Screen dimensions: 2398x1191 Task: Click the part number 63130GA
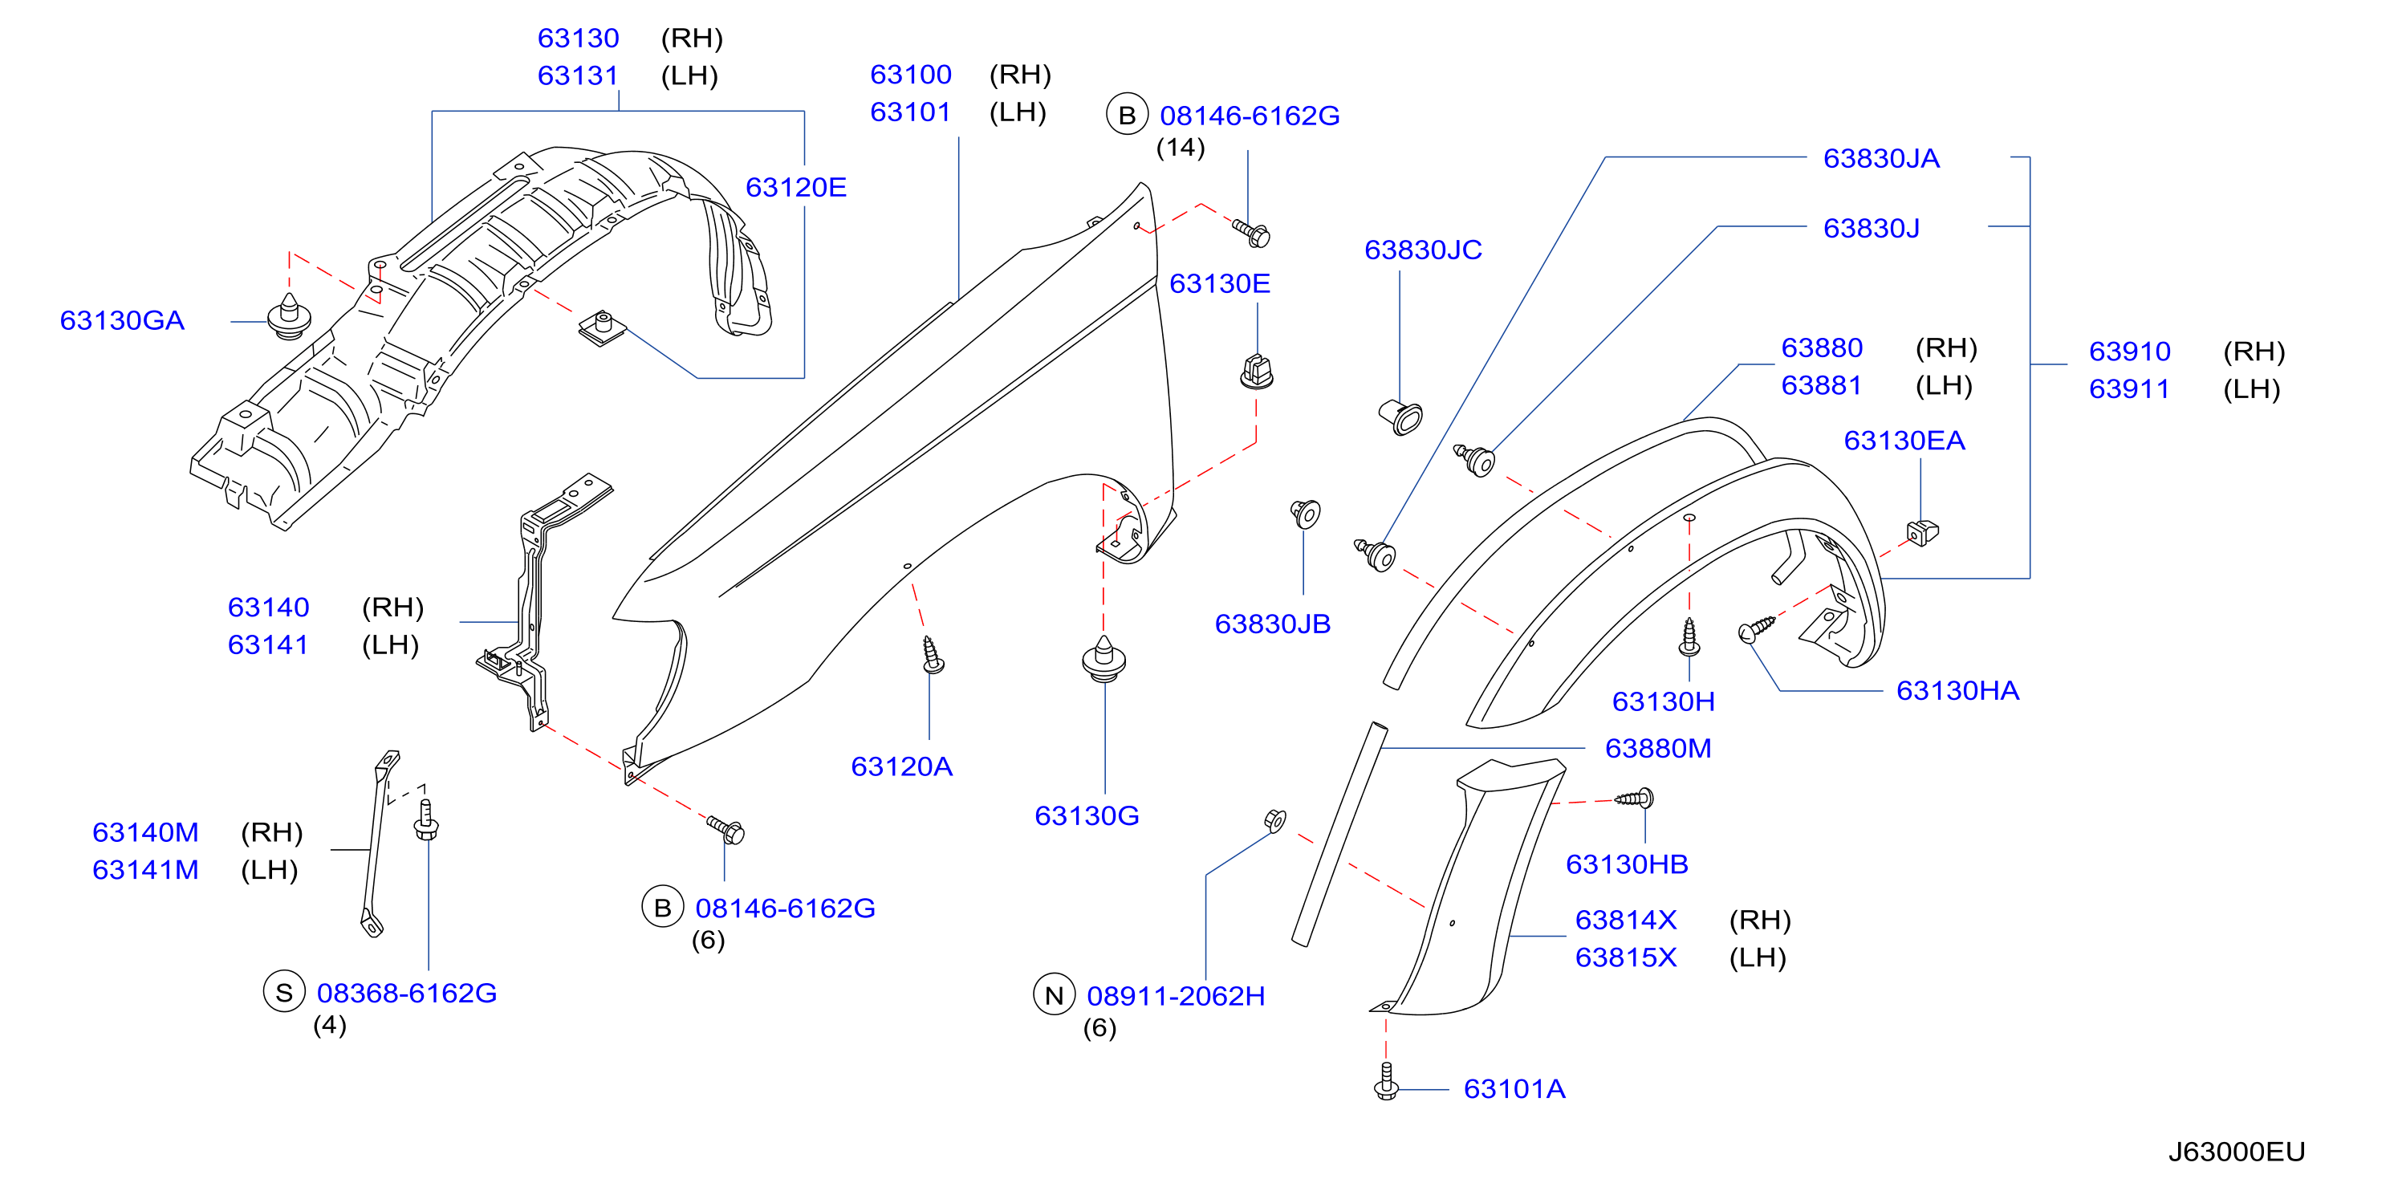[x=122, y=320]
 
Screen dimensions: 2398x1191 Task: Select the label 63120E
[x=796, y=187]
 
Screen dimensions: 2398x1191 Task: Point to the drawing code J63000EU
[x=2236, y=1152]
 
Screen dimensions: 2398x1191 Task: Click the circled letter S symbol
[x=284, y=993]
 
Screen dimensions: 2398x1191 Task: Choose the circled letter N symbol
[x=1054, y=995]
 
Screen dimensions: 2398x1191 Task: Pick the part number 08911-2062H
[x=1176, y=995]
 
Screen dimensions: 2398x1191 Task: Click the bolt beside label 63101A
[x=1386, y=1082]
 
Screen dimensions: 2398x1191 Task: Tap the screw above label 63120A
[x=932, y=656]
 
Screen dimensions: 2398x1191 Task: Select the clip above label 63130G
[x=1104, y=659]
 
